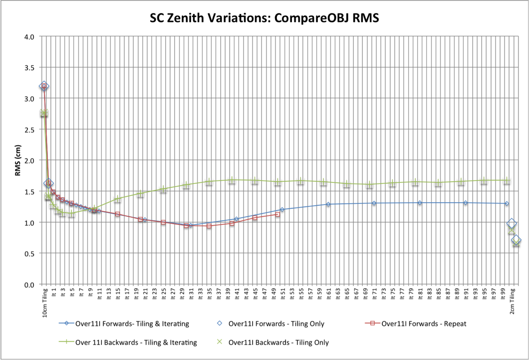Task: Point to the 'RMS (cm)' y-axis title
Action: [x=16, y=160]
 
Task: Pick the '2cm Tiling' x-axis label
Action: [x=512, y=302]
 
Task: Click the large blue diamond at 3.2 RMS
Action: [x=44, y=86]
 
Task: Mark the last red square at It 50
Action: [x=277, y=215]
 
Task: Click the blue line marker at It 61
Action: [x=328, y=204]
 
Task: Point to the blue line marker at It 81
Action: [x=420, y=203]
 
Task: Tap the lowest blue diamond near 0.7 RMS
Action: [x=516, y=241]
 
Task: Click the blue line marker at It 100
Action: [x=507, y=204]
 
